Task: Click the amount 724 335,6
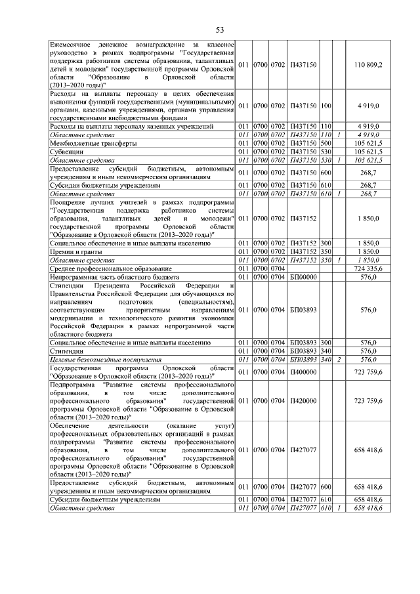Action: (372, 269)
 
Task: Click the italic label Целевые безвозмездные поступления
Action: (106, 360)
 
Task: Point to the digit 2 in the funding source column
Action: (339, 360)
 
